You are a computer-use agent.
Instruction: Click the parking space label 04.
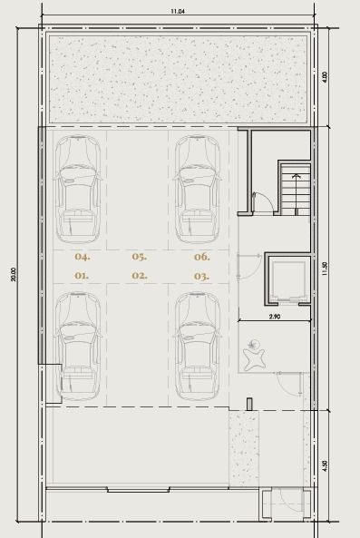[83, 257]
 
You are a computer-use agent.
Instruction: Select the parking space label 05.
[140, 257]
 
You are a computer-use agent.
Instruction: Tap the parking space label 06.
[202, 257]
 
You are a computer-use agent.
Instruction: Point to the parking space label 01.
[82, 276]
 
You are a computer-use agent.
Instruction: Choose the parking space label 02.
[140, 276]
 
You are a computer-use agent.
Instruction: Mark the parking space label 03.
[201, 276]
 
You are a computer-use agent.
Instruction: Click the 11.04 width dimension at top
[178, 11]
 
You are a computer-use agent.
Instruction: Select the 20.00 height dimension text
[14, 275]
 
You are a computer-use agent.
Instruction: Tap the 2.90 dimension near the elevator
[274, 317]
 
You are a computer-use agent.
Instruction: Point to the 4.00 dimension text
[325, 76]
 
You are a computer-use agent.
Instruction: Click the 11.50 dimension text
[325, 269]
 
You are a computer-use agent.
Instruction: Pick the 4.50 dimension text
[325, 465]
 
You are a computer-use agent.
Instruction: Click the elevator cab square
[287, 280]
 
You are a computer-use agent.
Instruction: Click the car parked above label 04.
[78, 190]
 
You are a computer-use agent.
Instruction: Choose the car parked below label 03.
[198, 347]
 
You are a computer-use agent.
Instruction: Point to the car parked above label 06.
[198, 190]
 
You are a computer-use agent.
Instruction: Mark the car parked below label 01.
[78, 347]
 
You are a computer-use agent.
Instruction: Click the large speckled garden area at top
[178, 79]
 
